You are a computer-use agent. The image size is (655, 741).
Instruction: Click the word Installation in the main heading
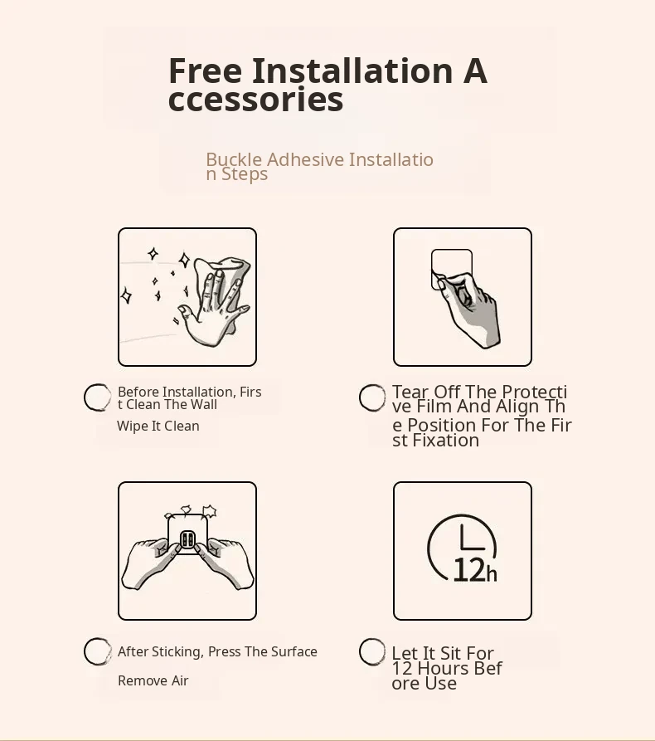[x=352, y=71]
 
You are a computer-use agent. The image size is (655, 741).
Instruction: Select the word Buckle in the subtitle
[x=234, y=159]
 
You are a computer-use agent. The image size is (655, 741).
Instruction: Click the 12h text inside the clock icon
[x=474, y=570]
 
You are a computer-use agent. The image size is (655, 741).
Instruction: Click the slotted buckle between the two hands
[x=187, y=539]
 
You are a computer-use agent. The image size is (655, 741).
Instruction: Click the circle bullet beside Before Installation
[x=97, y=397]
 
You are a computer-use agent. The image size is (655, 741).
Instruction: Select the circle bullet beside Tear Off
[x=372, y=398]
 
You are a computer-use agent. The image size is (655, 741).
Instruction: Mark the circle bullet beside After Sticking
[x=98, y=651]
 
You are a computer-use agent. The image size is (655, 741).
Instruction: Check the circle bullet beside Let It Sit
[x=372, y=651]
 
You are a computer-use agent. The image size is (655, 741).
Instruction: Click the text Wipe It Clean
[x=158, y=426]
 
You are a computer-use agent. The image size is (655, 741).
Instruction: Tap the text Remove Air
[x=153, y=680]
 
